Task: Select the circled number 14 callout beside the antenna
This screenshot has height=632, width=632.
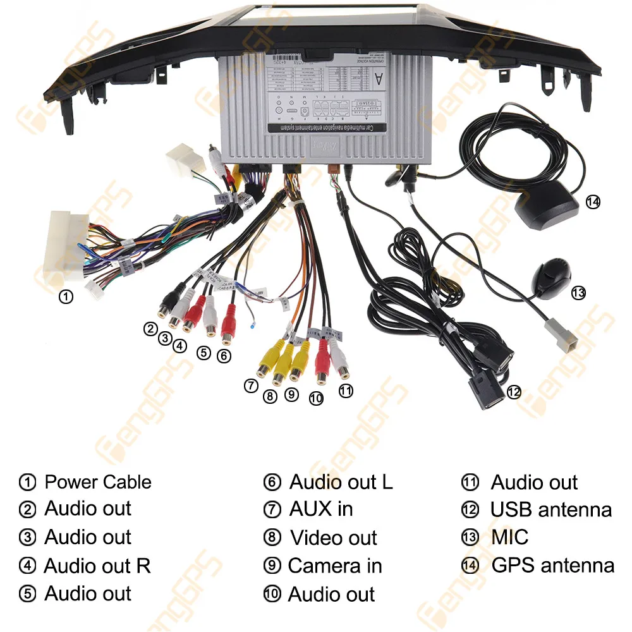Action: pos(592,202)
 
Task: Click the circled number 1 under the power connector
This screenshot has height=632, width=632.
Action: pos(65,296)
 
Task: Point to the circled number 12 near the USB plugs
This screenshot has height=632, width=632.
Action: pos(514,392)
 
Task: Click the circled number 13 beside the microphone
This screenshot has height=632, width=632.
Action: pos(578,293)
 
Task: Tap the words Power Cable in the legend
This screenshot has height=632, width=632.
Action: pos(98,482)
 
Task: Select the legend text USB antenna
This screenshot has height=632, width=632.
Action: pos(550,509)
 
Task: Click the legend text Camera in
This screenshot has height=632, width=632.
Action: pos(335,566)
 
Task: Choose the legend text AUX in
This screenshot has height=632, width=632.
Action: pos(321,509)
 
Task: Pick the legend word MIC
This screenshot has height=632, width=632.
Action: pos(509,537)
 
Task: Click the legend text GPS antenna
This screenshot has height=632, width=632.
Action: pos(552,565)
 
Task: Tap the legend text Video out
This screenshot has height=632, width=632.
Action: pos(333,538)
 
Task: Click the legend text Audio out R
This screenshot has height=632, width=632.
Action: pos(97,566)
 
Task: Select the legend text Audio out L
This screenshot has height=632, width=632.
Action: pos(341,482)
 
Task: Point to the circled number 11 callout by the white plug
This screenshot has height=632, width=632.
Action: pos(345,391)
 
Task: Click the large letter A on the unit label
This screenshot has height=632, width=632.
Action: pos(379,78)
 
